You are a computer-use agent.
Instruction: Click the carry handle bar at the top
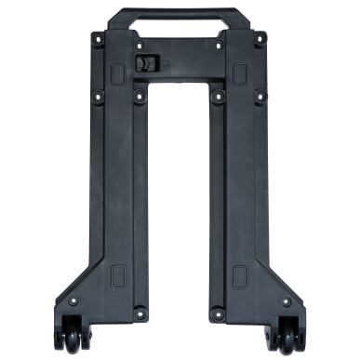pyautogui.click(x=180, y=15)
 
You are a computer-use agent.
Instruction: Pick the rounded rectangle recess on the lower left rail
pyautogui.click(x=118, y=275)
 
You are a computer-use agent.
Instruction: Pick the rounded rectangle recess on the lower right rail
pyautogui.click(x=240, y=275)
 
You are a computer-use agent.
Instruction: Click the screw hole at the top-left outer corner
pyautogui.click(x=98, y=39)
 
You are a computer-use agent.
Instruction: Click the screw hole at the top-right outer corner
pyautogui.click(x=261, y=39)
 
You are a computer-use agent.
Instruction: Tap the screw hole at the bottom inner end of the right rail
pyautogui.click(x=219, y=313)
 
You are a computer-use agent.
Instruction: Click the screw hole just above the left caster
pyautogui.click(x=73, y=302)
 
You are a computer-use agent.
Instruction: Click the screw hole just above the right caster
pyautogui.click(x=286, y=302)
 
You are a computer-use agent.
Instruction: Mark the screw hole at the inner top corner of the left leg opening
pyautogui.click(x=140, y=95)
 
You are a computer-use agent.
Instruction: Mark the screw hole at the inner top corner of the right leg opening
pyautogui.click(x=219, y=95)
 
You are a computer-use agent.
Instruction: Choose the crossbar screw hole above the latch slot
pyautogui.click(x=140, y=44)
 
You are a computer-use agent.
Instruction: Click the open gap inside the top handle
pyautogui.click(x=180, y=28)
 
